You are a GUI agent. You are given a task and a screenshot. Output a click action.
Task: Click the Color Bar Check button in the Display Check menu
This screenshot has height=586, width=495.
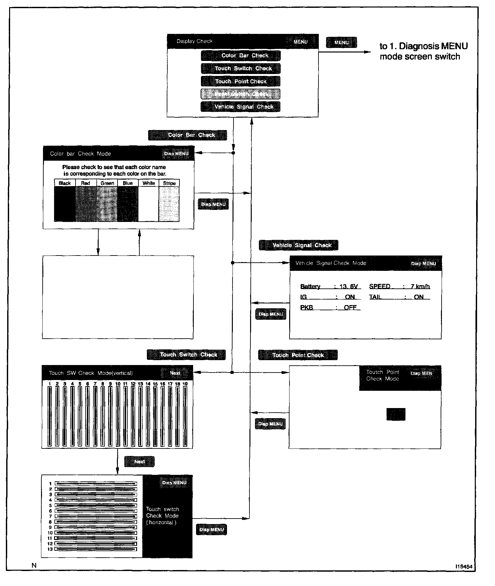241,55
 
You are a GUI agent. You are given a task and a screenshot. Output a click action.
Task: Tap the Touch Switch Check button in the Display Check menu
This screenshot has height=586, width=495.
241,68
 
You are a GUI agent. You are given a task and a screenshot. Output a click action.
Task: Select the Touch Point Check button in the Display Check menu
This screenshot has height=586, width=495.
241,81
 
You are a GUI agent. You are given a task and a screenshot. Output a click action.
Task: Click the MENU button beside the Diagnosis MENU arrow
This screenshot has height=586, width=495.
341,42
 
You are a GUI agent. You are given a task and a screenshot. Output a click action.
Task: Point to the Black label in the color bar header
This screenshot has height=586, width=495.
64,183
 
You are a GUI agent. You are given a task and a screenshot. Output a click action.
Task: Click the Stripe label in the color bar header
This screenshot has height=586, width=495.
169,183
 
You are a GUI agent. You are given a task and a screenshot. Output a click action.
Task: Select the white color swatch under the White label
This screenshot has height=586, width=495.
148,204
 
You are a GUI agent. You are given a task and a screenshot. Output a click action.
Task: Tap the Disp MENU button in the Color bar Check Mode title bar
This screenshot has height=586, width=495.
176,154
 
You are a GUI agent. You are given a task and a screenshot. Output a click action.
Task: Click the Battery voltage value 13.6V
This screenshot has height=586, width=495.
348,286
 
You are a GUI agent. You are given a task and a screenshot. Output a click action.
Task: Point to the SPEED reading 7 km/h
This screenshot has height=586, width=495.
420,286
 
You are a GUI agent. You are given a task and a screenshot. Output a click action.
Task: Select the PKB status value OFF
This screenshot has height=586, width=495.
350,307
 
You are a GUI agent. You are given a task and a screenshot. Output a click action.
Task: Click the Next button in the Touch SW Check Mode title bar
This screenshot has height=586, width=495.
175,373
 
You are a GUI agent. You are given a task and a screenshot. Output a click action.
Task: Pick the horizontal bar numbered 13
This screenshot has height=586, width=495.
96,549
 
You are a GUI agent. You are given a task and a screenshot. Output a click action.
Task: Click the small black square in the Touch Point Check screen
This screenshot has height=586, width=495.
396,414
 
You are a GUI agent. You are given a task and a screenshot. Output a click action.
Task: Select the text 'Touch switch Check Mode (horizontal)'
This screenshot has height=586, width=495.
162,516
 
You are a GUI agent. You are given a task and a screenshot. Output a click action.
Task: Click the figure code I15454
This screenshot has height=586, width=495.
464,566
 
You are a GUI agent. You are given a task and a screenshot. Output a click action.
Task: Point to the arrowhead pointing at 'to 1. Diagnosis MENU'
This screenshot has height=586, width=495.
368,52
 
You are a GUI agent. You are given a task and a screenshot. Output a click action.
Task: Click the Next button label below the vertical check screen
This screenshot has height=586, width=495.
139,461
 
